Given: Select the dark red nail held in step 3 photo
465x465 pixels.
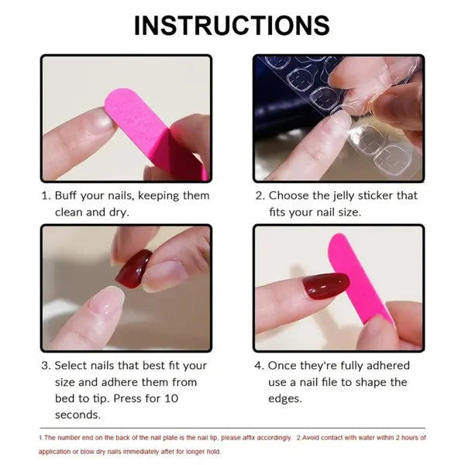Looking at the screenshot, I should (x=134, y=268).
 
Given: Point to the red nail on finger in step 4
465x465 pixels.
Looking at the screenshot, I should (x=325, y=286).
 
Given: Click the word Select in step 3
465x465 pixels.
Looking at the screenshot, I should (x=72, y=365).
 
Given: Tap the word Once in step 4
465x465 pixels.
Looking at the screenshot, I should (x=284, y=365).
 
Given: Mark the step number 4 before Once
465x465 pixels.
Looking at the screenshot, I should (x=258, y=365).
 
